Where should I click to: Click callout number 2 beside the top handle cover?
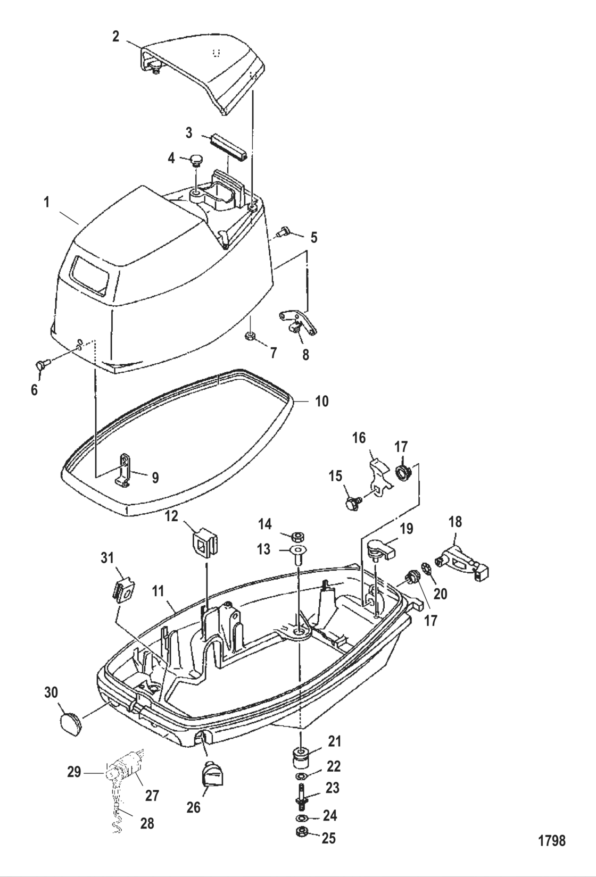point(115,36)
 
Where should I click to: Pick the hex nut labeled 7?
point(249,336)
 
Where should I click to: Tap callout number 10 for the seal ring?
point(322,402)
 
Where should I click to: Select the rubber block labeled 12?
point(206,542)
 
